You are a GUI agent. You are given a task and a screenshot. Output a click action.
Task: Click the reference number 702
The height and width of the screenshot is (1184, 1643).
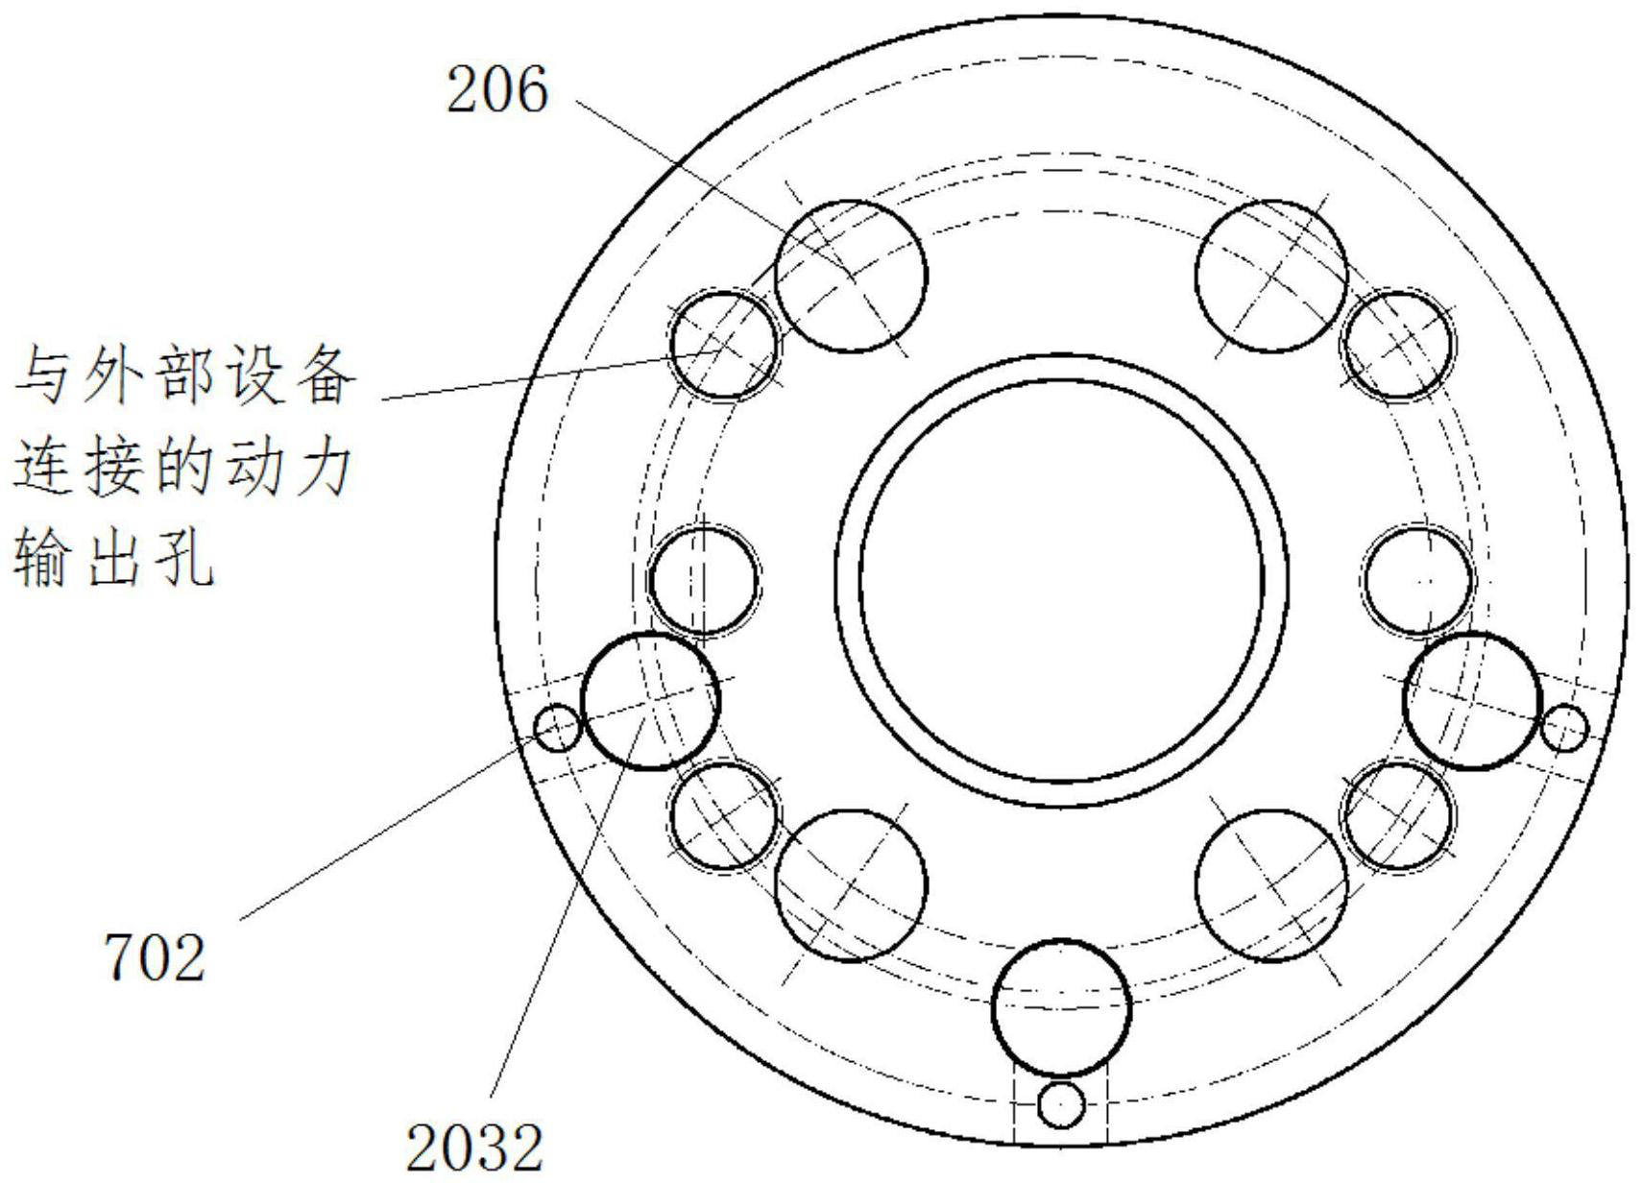click(155, 957)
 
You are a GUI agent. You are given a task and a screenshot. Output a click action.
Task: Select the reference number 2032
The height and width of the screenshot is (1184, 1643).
click(474, 1148)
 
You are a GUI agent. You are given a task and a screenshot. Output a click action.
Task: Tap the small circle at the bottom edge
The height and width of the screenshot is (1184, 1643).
click(1060, 1105)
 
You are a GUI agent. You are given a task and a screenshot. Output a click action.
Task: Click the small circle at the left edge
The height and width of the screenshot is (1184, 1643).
click(557, 728)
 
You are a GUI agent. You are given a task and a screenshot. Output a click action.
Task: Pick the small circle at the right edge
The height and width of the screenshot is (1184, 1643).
click(1564, 728)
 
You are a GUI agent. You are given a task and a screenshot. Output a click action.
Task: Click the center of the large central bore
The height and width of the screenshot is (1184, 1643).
click(1061, 580)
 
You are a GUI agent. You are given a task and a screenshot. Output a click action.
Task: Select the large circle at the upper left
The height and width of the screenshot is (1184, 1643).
click(851, 276)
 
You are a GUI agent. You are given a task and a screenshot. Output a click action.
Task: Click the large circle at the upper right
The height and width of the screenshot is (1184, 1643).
click(1270, 276)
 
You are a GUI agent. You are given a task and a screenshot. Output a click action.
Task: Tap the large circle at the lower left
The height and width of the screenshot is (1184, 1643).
click(851, 884)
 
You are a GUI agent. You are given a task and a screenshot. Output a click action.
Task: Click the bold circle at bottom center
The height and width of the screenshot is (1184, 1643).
click(1060, 1007)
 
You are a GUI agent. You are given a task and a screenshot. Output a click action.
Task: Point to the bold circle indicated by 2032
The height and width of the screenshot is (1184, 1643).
click(650, 700)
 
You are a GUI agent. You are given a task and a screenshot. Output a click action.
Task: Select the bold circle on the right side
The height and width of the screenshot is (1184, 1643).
click(1471, 700)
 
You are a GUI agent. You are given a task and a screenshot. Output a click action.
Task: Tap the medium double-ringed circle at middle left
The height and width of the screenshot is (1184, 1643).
click(704, 580)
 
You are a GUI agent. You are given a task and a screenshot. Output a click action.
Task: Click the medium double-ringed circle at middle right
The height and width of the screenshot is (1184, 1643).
click(1417, 580)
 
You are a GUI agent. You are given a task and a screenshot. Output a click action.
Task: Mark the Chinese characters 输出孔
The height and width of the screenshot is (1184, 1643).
click(112, 559)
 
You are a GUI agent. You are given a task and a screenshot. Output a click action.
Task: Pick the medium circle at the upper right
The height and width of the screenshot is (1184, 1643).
click(1398, 344)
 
